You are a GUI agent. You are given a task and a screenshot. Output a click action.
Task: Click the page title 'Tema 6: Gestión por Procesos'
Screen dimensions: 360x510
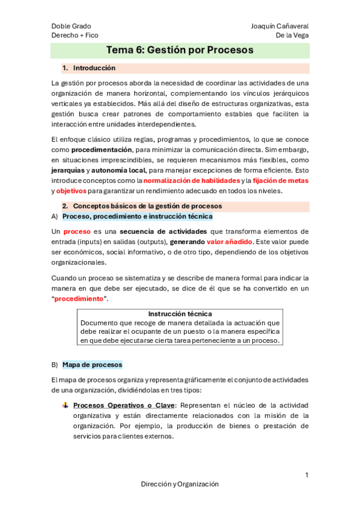pyautogui.click(x=180, y=51)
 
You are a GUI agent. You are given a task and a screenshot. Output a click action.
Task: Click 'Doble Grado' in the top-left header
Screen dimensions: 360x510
pyautogui.click(x=72, y=26)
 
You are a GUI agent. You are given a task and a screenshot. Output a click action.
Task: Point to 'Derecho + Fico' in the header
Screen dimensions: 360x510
pyautogui.click(x=75, y=35)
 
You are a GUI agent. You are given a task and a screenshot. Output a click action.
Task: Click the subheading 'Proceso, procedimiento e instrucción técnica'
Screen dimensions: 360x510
pyautogui.click(x=137, y=217)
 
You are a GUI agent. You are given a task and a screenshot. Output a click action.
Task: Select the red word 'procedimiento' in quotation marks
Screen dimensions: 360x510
pyautogui.click(x=80, y=299)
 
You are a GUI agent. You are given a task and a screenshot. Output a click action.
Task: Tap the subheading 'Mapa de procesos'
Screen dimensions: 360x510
pyautogui.click(x=92, y=364)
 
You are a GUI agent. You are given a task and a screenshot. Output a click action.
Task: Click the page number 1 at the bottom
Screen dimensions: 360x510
pyautogui.click(x=307, y=475)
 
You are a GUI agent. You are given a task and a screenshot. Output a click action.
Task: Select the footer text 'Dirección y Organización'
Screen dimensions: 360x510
pyautogui.click(x=180, y=484)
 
